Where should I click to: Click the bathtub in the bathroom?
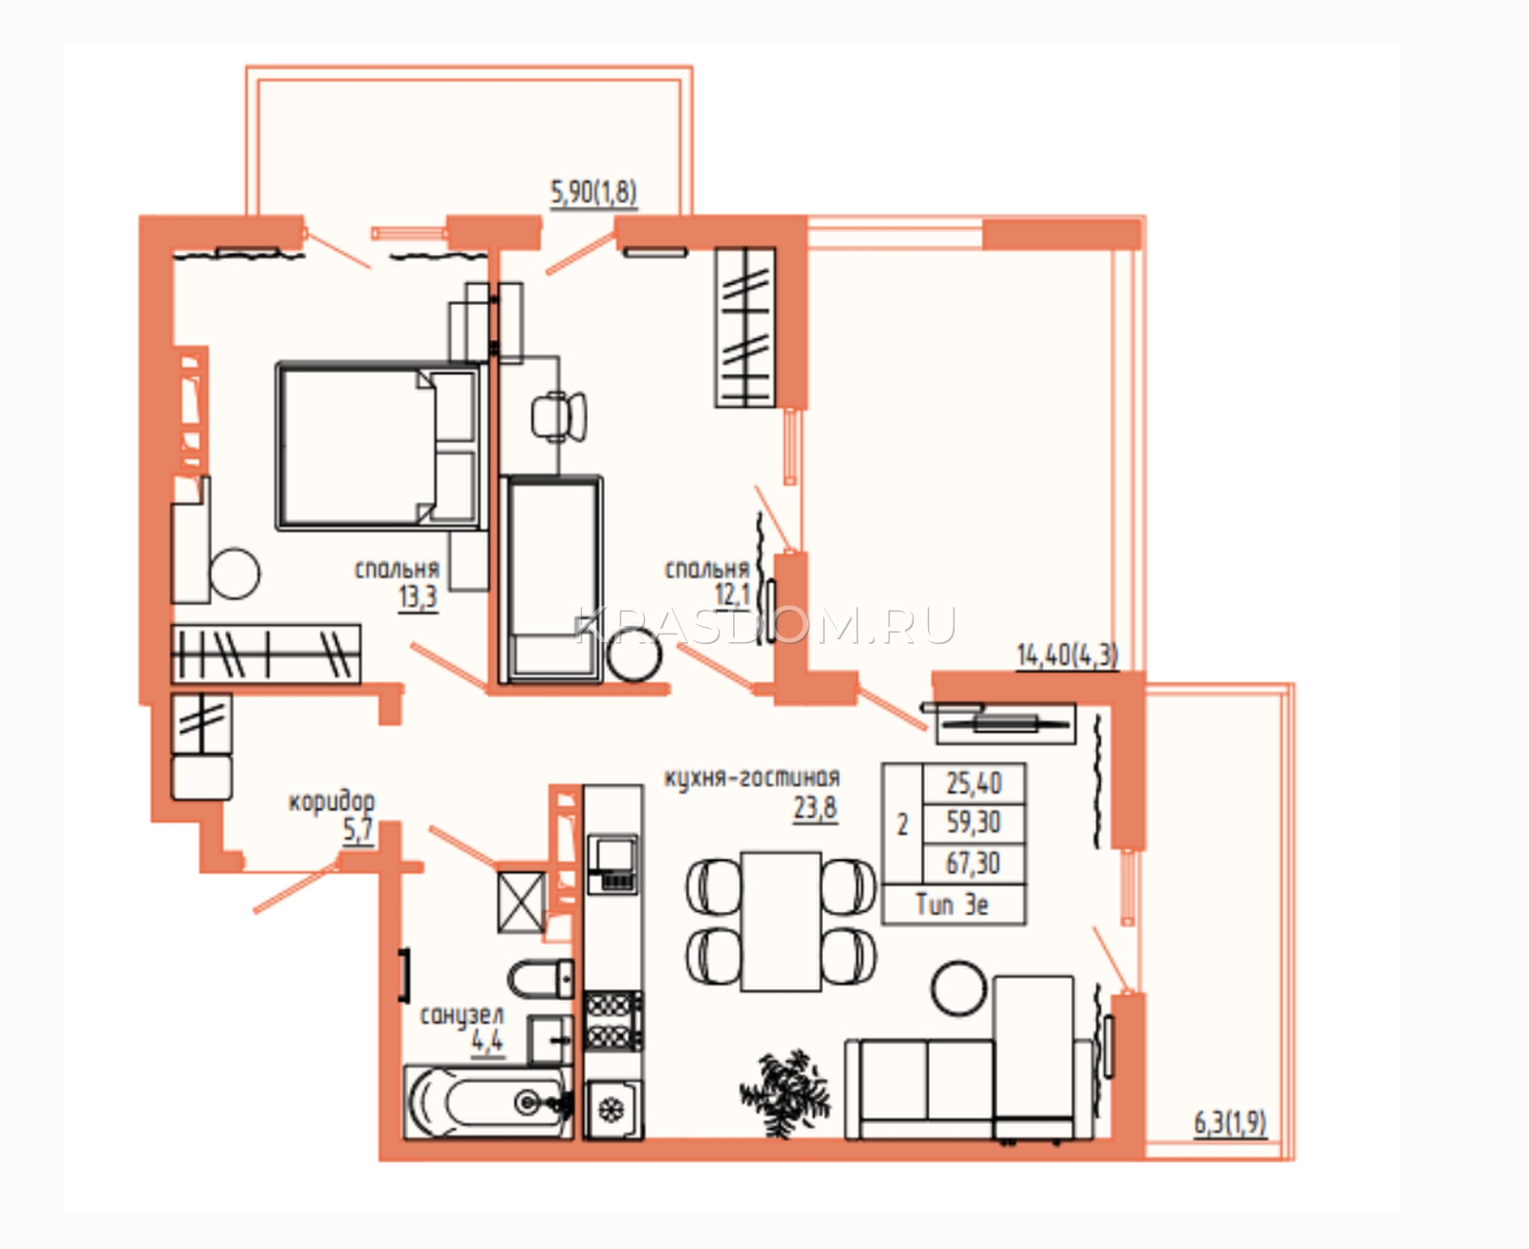click(488, 1102)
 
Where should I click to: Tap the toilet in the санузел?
click(541, 980)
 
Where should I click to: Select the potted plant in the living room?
click(785, 1094)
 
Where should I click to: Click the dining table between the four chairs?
click(781, 921)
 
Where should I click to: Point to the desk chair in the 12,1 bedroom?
click(559, 416)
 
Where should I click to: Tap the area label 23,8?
click(815, 808)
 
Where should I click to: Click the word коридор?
click(332, 803)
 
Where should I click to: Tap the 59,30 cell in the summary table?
click(973, 822)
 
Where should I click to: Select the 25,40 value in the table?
click(973, 784)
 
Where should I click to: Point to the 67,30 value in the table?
click(973, 863)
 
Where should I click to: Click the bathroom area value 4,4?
click(486, 1042)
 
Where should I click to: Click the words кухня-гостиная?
click(752, 778)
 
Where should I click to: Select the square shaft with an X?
click(521, 902)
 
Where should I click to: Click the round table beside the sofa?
click(958, 989)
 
